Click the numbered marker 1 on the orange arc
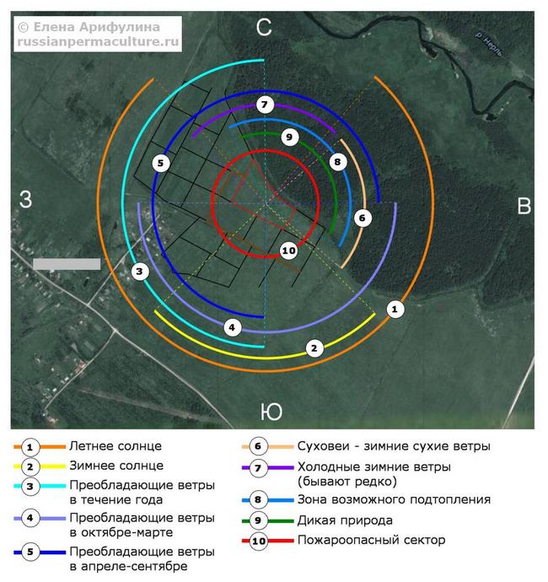pyautogui.click(x=395, y=309)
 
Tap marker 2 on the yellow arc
pyautogui.click(x=314, y=348)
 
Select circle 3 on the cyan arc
pyautogui.click(x=140, y=272)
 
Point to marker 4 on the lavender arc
pyautogui.click(x=232, y=327)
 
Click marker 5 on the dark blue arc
pyautogui.click(x=161, y=163)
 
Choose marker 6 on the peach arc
pyautogui.click(x=363, y=218)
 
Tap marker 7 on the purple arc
pyautogui.click(x=265, y=105)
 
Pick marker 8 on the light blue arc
pyautogui.click(x=337, y=162)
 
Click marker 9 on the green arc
pyautogui.click(x=290, y=137)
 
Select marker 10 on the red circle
pyautogui.click(x=288, y=251)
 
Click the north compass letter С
pyautogui.click(x=264, y=27)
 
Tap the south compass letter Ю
pyautogui.click(x=271, y=412)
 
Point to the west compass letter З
pyautogui.click(x=25, y=199)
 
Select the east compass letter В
pyautogui.click(x=524, y=206)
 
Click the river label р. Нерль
pyautogui.click(x=489, y=45)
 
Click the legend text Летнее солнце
pyautogui.click(x=116, y=446)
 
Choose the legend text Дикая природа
pyautogui.click(x=345, y=520)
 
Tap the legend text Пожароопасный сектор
pyautogui.click(x=372, y=540)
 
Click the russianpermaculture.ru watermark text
pyautogui.click(x=98, y=41)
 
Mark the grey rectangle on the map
pyautogui.click(x=67, y=264)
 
